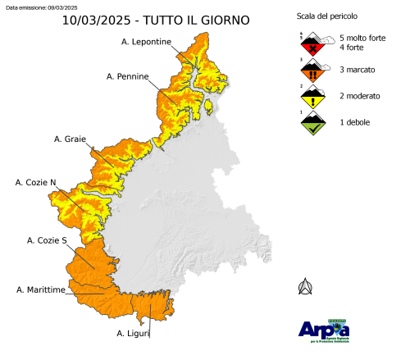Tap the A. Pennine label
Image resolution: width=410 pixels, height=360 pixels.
pyautogui.click(x=128, y=76)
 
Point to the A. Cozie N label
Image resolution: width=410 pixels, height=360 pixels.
pyautogui.click(x=36, y=181)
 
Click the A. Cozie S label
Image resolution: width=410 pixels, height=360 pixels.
pyautogui.click(x=47, y=240)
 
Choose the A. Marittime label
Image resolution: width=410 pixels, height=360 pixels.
pyautogui.click(x=41, y=289)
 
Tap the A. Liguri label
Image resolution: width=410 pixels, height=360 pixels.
pyautogui.click(x=133, y=333)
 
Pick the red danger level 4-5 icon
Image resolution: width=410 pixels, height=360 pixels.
pyautogui.click(x=308, y=43)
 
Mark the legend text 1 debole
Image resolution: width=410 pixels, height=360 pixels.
pyautogui.click(x=351, y=122)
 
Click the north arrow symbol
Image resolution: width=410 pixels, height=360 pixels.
pyautogui.click(x=306, y=286)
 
